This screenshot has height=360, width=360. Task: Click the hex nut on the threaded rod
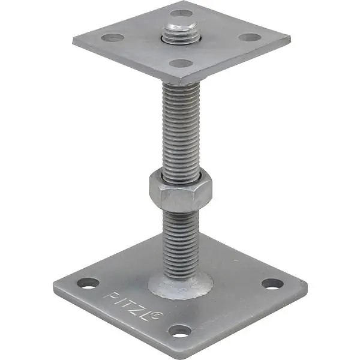click(x=181, y=191)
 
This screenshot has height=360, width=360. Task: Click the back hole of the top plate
click(x=181, y=13)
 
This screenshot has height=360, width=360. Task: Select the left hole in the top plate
click(x=113, y=37)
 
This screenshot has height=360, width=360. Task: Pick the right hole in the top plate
click(x=250, y=37)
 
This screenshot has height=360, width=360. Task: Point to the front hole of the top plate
click(x=180, y=64)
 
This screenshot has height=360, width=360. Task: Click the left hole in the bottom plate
click(x=88, y=283)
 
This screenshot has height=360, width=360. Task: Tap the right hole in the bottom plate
click(x=272, y=284)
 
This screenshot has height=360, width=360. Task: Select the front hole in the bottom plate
click(x=180, y=331)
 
